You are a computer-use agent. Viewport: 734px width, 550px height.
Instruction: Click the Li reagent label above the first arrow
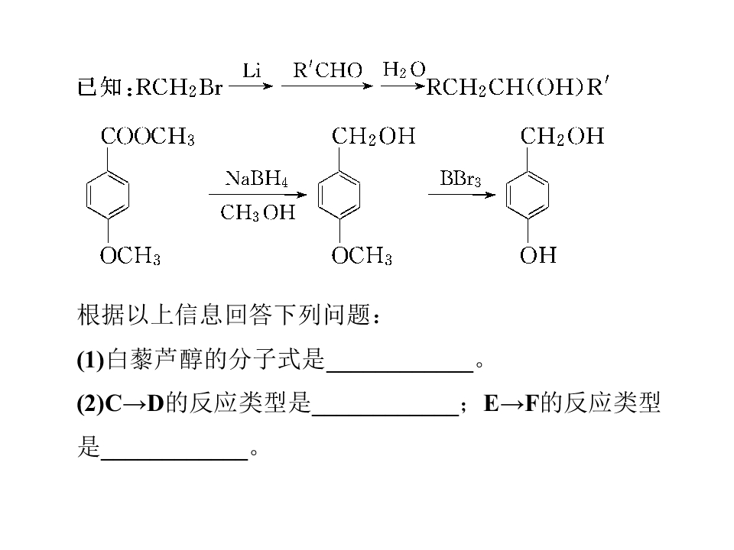[252, 71]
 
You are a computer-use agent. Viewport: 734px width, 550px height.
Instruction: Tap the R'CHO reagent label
[328, 70]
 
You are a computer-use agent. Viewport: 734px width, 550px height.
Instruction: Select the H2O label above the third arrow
[404, 70]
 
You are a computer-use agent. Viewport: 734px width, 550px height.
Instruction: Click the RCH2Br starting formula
[179, 87]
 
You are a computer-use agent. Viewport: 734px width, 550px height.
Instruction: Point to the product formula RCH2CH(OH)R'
[518, 87]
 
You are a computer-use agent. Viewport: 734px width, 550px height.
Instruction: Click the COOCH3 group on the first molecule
[148, 137]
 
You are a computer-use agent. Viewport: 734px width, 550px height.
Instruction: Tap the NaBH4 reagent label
[257, 179]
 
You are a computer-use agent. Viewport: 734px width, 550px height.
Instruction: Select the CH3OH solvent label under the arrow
[258, 213]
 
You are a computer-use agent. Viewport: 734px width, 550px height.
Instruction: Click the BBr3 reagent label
[460, 179]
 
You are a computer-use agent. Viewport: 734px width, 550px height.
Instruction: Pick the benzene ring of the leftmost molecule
[86, 195]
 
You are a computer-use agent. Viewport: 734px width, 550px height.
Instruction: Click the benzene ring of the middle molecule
[318, 195]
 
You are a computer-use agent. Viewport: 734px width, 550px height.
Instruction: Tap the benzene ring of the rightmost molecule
[506, 195]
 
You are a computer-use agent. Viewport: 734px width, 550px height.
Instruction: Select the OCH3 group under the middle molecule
[362, 256]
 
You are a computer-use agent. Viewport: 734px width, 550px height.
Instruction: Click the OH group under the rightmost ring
[538, 255]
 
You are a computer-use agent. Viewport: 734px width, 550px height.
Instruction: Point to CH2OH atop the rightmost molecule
[562, 137]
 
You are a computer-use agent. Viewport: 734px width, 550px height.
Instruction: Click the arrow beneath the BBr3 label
[462, 195]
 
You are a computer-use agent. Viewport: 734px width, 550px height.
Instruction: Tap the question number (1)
[91, 360]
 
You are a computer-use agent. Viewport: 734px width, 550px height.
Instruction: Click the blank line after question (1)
[400, 372]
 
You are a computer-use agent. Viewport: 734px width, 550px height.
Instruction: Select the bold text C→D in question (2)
[135, 403]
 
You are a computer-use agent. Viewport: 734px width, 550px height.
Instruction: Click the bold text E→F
[512, 403]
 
